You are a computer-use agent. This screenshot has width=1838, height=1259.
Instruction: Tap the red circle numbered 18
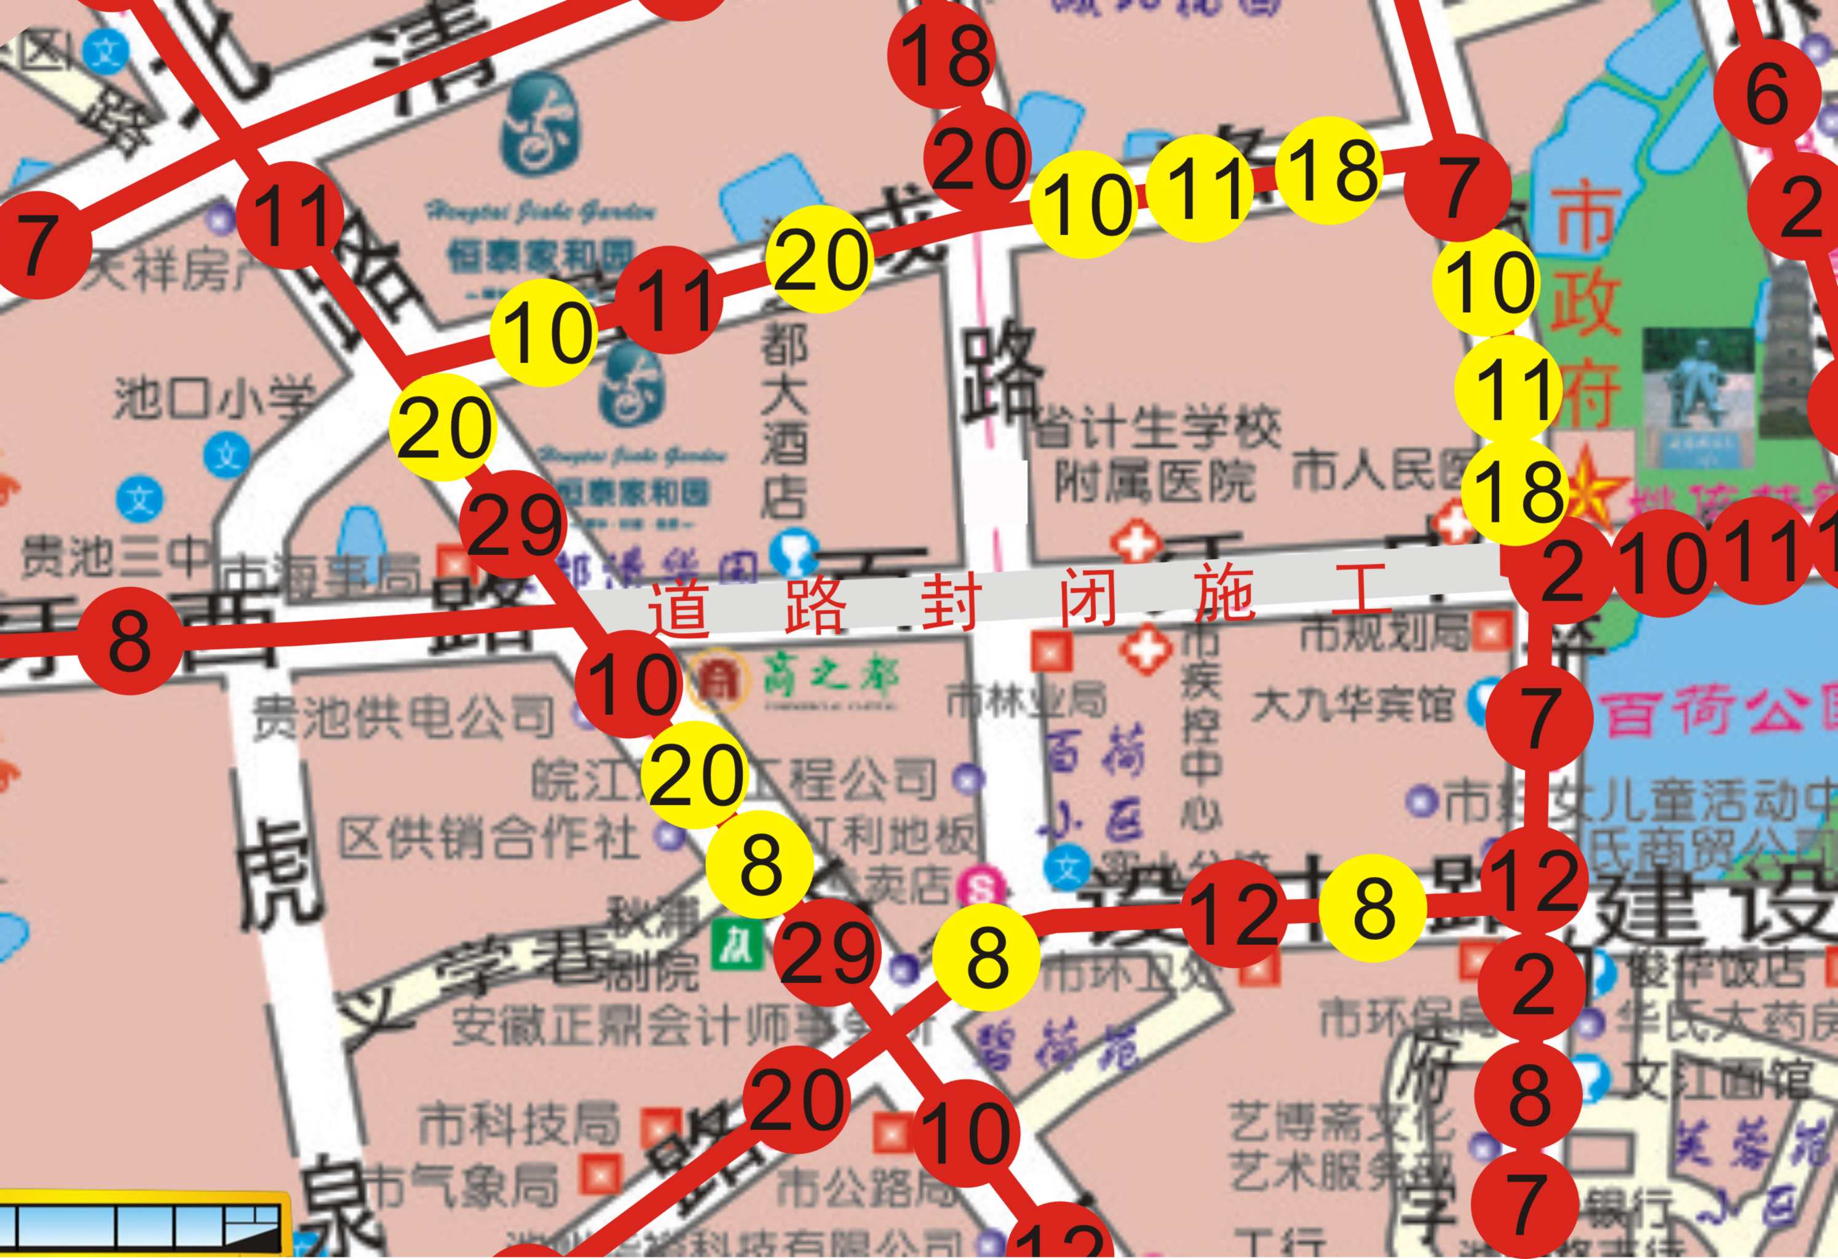tap(946, 59)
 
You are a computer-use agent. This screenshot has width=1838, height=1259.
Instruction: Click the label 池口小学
tap(213, 399)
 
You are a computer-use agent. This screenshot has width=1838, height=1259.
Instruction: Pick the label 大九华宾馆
tap(1352, 704)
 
